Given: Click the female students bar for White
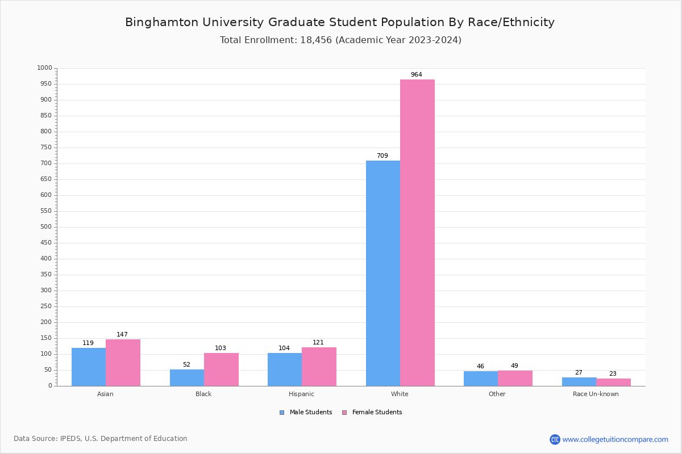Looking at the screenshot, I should [x=417, y=233].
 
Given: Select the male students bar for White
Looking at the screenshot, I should [x=382, y=273].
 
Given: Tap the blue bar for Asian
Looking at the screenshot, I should [x=89, y=367].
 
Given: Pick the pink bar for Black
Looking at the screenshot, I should [x=221, y=369].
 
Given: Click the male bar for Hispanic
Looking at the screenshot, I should [x=285, y=369].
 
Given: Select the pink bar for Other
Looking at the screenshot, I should [x=515, y=378].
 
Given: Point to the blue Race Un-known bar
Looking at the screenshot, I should [x=579, y=381].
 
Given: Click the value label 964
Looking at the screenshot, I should [x=416, y=75].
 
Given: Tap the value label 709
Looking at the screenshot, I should [x=382, y=156].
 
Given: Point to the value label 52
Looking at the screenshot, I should [x=186, y=365].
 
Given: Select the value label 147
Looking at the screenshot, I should [x=122, y=335].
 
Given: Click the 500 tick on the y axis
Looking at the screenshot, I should [x=45, y=227].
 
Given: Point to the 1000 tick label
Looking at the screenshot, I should [x=44, y=68].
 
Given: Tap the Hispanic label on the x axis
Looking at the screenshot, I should [x=301, y=394].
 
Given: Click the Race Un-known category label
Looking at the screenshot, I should [x=596, y=394].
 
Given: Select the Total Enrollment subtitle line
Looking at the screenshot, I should [x=340, y=40].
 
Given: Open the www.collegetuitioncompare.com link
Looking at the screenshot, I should [x=615, y=439].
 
